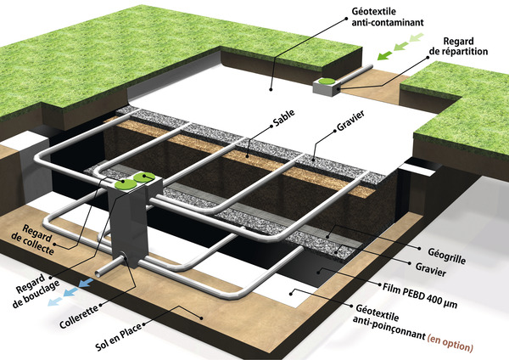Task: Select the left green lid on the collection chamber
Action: click(124, 183)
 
